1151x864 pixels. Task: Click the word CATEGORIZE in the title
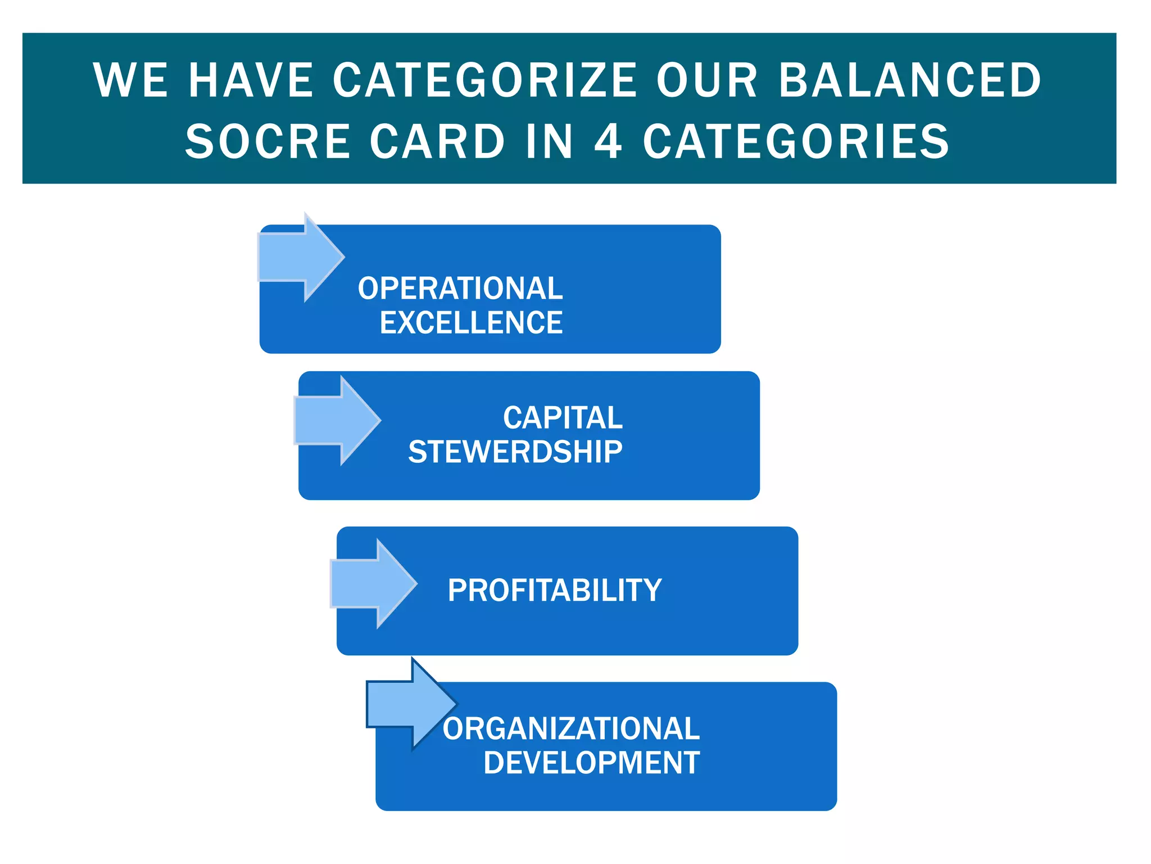coord(485,80)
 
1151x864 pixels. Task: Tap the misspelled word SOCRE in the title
coord(268,141)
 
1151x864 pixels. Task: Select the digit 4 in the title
coord(608,141)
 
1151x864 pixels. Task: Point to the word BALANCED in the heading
coord(910,80)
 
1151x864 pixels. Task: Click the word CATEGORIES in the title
coord(796,141)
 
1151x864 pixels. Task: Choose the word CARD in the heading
coord(437,141)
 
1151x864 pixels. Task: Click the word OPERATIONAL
coord(460,289)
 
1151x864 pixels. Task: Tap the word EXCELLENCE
coord(471,323)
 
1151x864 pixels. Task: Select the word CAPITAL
coord(563,418)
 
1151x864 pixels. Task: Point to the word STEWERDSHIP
coord(515,452)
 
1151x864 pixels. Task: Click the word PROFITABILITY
coord(555,591)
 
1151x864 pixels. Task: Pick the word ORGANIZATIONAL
coord(571,729)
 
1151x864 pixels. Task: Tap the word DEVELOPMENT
coord(591,763)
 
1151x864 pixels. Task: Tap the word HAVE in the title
coord(251,80)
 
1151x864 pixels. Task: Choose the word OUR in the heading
coord(707,80)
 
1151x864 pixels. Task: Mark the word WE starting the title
coord(130,80)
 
